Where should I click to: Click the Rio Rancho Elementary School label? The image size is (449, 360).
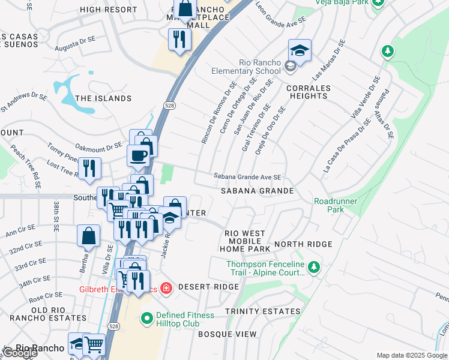pyautogui.click(x=246, y=67)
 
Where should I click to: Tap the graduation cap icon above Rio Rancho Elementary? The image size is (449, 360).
pyautogui.click(x=299, y=51)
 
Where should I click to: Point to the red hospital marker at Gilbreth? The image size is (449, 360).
pyautogui.click(x=166, y=289)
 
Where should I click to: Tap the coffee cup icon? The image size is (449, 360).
pyautogui.click(x=138, y=156)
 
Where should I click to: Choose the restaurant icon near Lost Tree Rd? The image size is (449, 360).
pyautogui.click(x=89, y=168)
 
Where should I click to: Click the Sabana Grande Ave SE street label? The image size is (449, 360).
pyautogui.click(x=247, y=177)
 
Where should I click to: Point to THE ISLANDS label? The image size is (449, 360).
pyautogui.click(x=103, y=98)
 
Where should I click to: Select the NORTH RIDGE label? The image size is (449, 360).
pyautogui.click(x=303, y=244)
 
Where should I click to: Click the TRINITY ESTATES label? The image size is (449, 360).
pyautogui.click(x=262, y=311)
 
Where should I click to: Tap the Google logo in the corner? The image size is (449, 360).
pyautogui.click(x=20, y=353)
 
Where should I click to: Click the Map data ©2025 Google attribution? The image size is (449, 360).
pyautogui.click(x=412, y=355)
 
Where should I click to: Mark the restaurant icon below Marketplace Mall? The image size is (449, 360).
pyautogui.click(x=179, y=39)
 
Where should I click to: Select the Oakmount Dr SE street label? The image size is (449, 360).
pyautogui.click(x=98, y=146)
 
